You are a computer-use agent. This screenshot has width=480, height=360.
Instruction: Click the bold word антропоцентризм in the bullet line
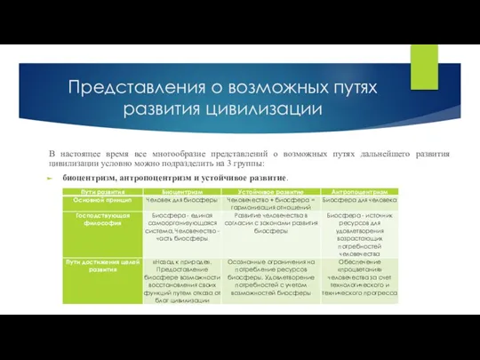171,179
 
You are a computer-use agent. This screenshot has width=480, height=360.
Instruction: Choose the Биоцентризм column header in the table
180,192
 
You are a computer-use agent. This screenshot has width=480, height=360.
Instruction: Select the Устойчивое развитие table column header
269,192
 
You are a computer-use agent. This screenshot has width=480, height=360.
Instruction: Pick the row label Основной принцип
93,201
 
